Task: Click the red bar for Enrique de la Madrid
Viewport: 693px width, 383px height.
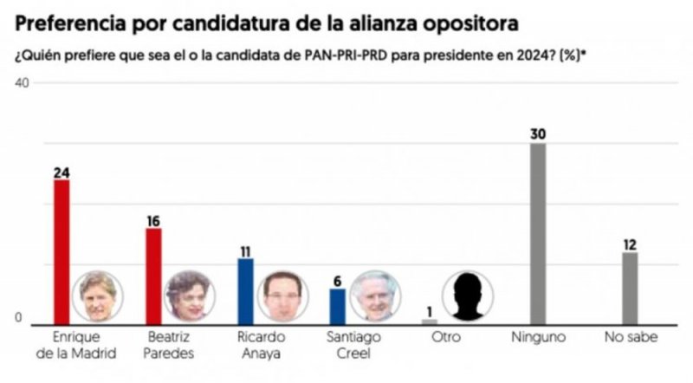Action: click(x=62, y=251)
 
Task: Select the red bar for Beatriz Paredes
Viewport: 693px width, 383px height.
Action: click(x=153, y=276)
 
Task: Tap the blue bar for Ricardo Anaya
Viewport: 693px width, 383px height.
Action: click(x=245, y=290)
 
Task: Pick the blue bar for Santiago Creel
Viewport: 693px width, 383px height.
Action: click(x=337, y=306)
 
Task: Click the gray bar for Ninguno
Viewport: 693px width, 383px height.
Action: click(x=538, y=233)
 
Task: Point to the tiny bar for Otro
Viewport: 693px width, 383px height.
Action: click(x=430, y=321)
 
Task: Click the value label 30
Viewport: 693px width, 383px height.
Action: click(x=538, y=133)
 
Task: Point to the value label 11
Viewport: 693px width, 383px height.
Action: click(x=245, y=250)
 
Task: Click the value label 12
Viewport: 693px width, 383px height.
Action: click(x=630, y=244)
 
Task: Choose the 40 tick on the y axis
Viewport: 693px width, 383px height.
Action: click(x=23, y=82)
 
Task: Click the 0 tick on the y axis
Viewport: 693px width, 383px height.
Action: click(x=17, y=318)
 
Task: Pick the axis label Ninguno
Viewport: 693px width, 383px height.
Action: click(x=538, y=336)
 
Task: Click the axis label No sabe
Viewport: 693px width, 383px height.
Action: click(x=630, y=336)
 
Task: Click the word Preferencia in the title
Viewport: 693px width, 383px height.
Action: click(x=65, y=19)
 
